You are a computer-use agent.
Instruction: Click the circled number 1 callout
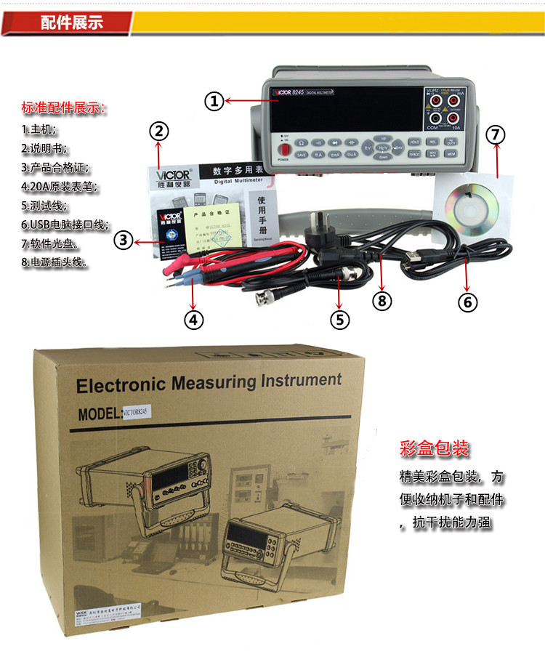click(213, 102)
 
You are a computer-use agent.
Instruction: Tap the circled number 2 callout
click(160, 132)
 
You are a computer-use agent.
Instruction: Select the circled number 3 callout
click(124, 240)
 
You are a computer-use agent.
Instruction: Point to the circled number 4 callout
click(193, 318)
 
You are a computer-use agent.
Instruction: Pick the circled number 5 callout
click(339, 318)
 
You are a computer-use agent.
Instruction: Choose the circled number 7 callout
click(496, 134)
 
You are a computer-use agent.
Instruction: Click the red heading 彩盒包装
click(435, 448)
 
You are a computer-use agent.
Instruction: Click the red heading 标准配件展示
click(63, 109)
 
